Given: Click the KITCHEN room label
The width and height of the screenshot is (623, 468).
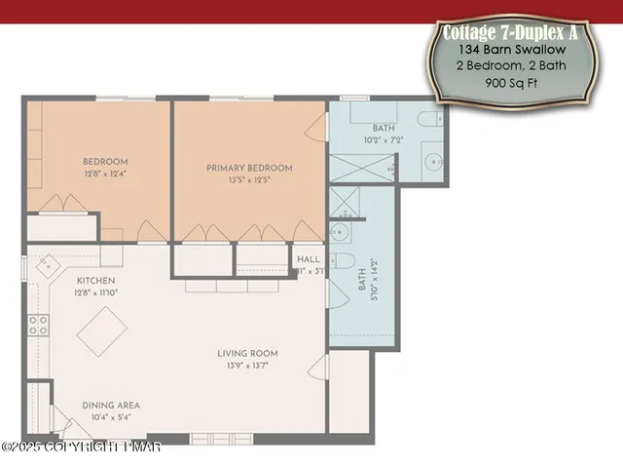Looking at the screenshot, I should (x=95, y=281).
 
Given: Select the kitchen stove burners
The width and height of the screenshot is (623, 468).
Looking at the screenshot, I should (x=39, y=325).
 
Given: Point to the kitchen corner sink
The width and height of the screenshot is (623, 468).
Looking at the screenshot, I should (x=47, y=264).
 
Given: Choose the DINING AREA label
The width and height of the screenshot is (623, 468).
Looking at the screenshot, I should (x=111, y=405).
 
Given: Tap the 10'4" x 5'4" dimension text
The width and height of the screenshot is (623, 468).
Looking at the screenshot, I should (x=111, y=417).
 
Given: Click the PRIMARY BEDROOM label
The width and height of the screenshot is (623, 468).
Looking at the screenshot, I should (x=249, y=168).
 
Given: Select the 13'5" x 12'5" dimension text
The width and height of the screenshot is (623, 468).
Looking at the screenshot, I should (x=249, y=179).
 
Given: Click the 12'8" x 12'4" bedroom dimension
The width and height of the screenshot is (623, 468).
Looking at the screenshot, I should (x=104, y=174).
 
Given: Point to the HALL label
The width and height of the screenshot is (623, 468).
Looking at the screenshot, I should (x=308, y=259).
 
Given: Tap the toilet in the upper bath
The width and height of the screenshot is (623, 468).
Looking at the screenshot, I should (x=429, y=119).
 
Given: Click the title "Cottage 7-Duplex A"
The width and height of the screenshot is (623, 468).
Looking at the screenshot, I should (x=510, y=32).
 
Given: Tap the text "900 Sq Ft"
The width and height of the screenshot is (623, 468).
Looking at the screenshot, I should (x=510, y=83).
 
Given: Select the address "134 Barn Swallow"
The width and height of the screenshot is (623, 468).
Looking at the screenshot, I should (x=510, y=50).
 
